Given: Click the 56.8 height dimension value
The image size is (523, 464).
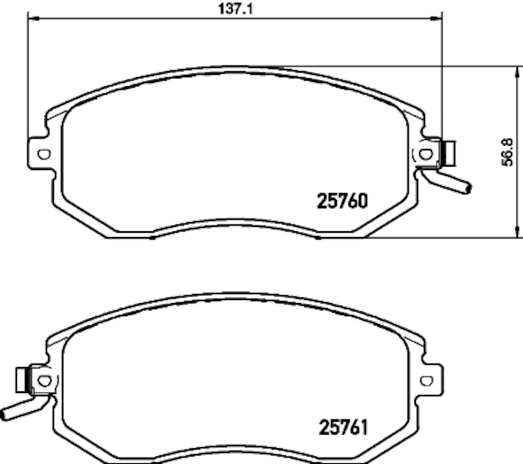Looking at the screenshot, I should pyautogui.click(x=513, y=152).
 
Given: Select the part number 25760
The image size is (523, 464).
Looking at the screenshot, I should pyautogui.click(x=343, y=201).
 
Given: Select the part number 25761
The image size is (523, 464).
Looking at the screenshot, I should pyautogui.click(x=343, y=428).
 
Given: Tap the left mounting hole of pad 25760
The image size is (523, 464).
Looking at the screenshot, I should pyautogui.click(x=44, y=154).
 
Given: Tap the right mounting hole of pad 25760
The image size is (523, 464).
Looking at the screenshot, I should pyautogui.click(x=426, y=154).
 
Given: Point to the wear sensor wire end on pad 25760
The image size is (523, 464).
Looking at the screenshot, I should pyautogui.click(x=467, y=189).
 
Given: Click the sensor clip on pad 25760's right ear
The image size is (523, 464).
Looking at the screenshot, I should pyautogui.click(x=449, y=153).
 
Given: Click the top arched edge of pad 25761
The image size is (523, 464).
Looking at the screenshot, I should pyautogui.click(x=235, y=295).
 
